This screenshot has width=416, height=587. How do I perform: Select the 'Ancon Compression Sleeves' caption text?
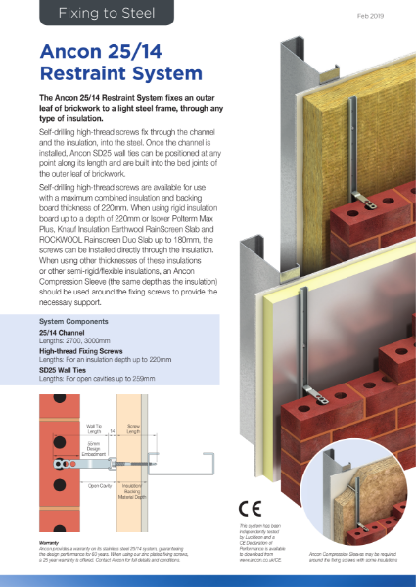[x=356, y=558]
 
